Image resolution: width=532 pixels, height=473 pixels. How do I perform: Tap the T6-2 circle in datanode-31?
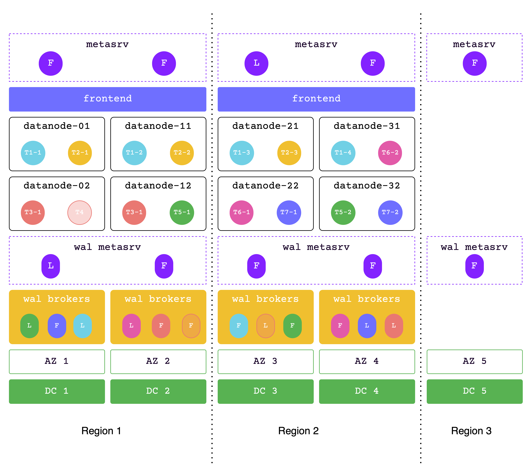coord(390,153)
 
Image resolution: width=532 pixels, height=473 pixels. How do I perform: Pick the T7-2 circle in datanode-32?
coord(390,212)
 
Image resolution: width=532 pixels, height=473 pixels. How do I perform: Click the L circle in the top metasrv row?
coord(256,63)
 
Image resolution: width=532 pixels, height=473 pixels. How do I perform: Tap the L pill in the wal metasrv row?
coord(51,266)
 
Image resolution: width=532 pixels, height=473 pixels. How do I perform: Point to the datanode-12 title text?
coord(158,186)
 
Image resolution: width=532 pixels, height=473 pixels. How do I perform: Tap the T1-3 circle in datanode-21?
coord(242,153)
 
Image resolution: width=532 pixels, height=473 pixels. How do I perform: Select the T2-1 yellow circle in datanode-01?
coord(80,153)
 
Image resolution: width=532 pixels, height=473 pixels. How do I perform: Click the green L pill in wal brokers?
coord(29,326)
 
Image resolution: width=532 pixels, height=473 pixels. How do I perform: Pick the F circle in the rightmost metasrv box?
coord(474,63)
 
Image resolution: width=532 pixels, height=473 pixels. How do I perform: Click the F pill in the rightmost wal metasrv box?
coord(474,266)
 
